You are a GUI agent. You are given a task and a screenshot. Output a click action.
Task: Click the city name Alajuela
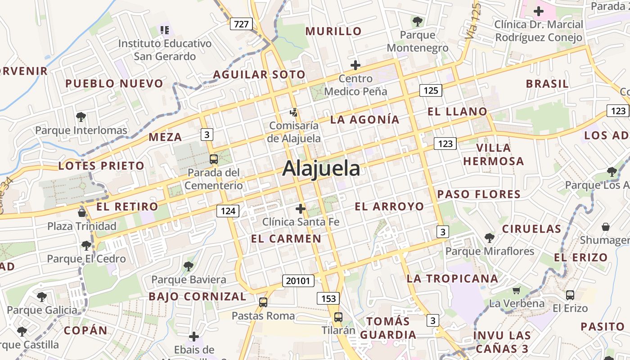point(321,169)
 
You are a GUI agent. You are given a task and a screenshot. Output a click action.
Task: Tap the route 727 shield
point(241,24)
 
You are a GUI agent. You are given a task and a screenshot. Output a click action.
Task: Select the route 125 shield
point(431,90)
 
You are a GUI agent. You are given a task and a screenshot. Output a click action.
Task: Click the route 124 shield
point(228,211)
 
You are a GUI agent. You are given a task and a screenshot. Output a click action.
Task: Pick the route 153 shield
point(328,298)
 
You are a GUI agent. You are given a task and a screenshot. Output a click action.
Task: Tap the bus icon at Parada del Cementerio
point(214,159)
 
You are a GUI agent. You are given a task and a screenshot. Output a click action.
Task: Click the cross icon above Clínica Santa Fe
point(301,209)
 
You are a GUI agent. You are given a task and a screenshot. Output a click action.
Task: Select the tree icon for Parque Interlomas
point(81,117)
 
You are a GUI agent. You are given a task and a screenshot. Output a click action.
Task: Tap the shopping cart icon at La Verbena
point(516,290)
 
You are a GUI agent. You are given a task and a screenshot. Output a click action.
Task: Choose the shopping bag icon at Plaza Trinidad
point(82,212)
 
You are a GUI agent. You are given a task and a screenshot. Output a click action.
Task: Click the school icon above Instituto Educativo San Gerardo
point(165,30)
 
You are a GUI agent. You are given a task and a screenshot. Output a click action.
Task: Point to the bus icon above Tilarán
point(338,317)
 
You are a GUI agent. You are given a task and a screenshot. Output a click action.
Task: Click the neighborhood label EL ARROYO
point(389,207)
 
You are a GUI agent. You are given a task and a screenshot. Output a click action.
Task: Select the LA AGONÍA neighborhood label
point(364,119)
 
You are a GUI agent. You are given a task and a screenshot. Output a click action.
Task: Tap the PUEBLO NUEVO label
point(114,84)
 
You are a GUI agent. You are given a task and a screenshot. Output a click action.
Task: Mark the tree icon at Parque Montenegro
point(418,21)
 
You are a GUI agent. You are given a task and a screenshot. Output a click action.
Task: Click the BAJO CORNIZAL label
point(198,297)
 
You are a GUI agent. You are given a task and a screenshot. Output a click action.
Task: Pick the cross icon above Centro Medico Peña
point(355,65)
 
